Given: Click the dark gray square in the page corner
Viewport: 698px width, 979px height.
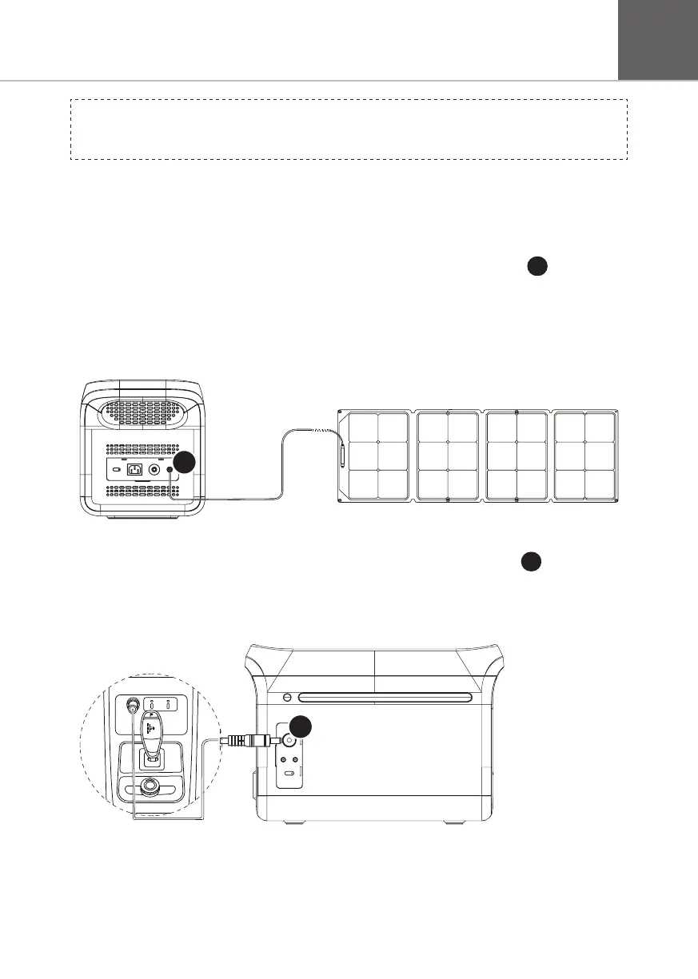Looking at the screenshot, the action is pos(657,39).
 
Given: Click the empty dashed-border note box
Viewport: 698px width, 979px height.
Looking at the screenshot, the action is pos(349,129).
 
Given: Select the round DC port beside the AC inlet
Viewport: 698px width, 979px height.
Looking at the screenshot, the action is pos(154,470).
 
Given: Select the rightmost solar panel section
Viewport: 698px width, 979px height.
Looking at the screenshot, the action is pos(585,456).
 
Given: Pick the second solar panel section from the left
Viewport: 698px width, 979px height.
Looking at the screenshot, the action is pos(448,456).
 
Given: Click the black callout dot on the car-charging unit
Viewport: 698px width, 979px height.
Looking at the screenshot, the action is pos(300,727).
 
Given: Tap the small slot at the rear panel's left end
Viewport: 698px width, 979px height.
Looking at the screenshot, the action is pos(117,470).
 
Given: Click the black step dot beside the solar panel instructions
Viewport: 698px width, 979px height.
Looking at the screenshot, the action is pos(537,269).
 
